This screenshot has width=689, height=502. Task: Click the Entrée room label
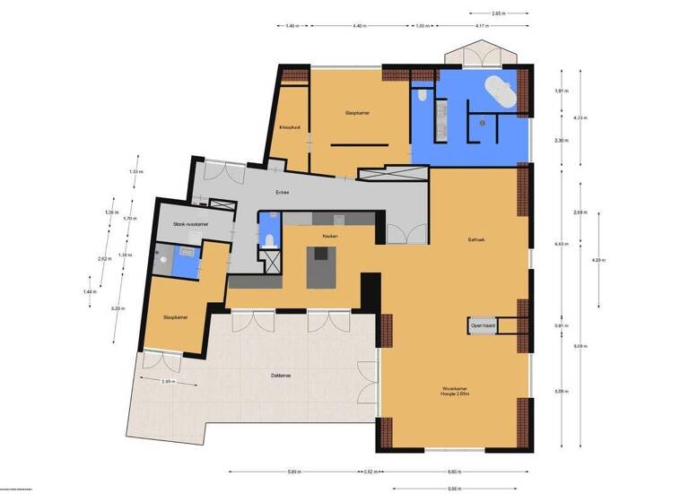tap(284, 192)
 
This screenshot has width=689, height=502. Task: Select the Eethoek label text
tap(476, 240)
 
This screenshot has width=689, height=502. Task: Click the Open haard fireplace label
tap(484, 326)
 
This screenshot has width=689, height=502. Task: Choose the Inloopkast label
tap(289, 127)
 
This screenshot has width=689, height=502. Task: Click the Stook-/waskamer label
tap(190, 224)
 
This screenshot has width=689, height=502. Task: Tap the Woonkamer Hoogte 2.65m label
tap(454, 392)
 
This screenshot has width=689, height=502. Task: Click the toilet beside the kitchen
tap(270, 238)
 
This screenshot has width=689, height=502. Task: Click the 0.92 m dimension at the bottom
tap(369, 472)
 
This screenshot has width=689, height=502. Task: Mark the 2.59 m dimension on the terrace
tap(166, 382)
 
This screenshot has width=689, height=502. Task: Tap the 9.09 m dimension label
tap(580, 346)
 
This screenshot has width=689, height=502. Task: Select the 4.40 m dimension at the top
tap(359, 26)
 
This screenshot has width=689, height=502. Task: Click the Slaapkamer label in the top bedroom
tap(358, 113)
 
